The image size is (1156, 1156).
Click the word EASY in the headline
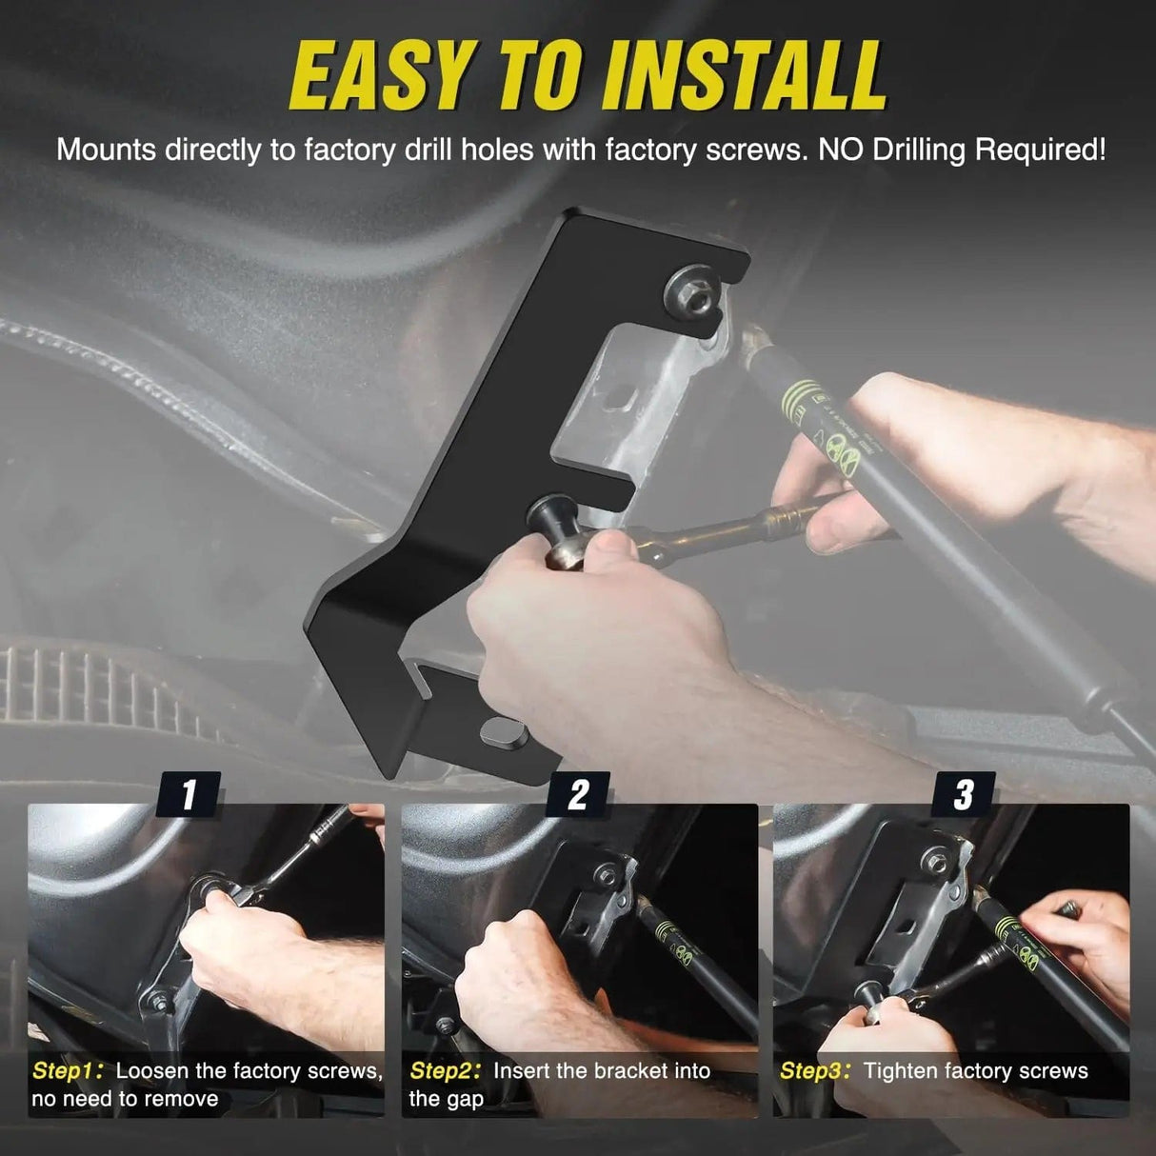click(381, 74)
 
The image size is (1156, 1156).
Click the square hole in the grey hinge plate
click(617, 395)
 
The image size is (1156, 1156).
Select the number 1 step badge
click(189, 793)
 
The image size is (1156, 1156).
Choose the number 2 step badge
click(577, 793)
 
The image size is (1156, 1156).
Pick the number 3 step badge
click(964, 793)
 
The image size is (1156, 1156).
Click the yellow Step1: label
click(69, 1070)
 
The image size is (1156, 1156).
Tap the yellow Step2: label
click(446, 1070)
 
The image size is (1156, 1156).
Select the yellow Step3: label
click(815, 1070)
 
